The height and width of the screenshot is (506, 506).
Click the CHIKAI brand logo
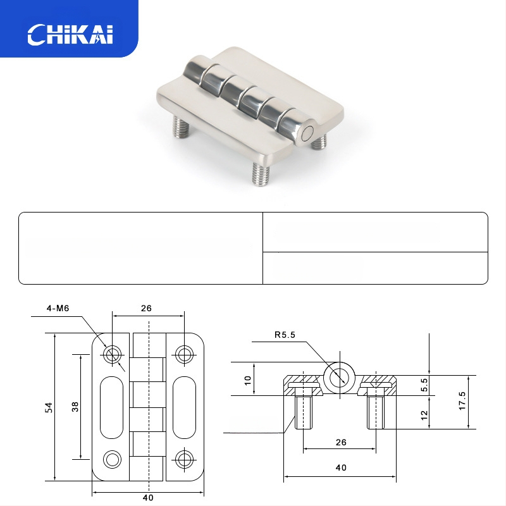(x=70, y=34)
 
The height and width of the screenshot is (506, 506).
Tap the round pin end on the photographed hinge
(x=308, y=133)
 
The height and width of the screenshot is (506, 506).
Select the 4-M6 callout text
(x=57, y=309)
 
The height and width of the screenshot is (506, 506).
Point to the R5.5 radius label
(x=285, y=335)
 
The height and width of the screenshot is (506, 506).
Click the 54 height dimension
(x=48, y=408)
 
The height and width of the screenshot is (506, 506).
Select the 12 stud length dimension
(x=424, y=414)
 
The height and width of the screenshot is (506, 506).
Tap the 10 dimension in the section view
(x=248, y=380)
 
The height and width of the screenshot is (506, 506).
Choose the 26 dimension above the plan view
(x=147, y=309)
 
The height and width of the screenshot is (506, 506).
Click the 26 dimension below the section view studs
(x=340, y=443)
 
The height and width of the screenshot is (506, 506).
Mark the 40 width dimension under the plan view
(x=148, y=498)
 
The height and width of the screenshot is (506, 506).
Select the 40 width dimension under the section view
(x=340, y=468)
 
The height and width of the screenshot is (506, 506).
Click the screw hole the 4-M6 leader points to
(x=113, y=354)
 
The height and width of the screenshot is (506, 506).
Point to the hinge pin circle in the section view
(x=338, y=377)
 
